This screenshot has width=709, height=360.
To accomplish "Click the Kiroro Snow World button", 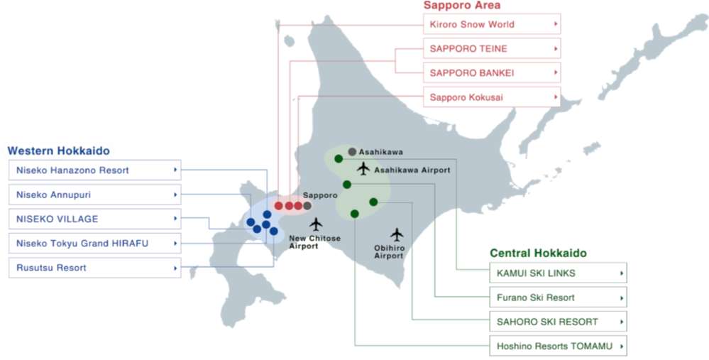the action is (x=492, y=25).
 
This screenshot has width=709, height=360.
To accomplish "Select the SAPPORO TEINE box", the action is (x=492, y=49).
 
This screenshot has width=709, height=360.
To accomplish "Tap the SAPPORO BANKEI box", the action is (x=492, y=73).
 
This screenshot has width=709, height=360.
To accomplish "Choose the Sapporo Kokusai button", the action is (x=492, y=97).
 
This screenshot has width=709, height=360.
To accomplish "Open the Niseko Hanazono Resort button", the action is (x=95, y=170).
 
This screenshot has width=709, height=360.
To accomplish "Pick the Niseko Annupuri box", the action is (x=95, y=195).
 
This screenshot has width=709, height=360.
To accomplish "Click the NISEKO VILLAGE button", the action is (x=95, y=219).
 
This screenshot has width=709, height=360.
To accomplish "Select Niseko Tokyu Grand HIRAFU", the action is (x=95, y=244).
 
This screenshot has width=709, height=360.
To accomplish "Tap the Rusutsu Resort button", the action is (x=95, y=268).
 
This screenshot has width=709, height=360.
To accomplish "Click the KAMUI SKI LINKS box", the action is (x=558, y=273).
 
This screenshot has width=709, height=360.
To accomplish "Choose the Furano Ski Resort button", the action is (x=558, y=298).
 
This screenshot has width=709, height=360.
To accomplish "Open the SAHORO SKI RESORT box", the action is (x=558, y=322).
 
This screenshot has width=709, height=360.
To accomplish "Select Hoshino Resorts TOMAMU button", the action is (x=558, y=347).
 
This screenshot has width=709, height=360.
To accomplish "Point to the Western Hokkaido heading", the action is (x=58, y=151).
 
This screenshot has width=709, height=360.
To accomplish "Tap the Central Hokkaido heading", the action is (x=538, y=253).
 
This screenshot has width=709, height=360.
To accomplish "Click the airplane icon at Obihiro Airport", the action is (x=396, y=234).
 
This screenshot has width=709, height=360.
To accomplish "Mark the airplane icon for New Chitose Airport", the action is (x=316, y=224).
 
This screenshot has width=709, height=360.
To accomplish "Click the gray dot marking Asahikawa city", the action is (x=352, y=151).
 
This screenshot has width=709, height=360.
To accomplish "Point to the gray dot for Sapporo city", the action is (x=307, y=206).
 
